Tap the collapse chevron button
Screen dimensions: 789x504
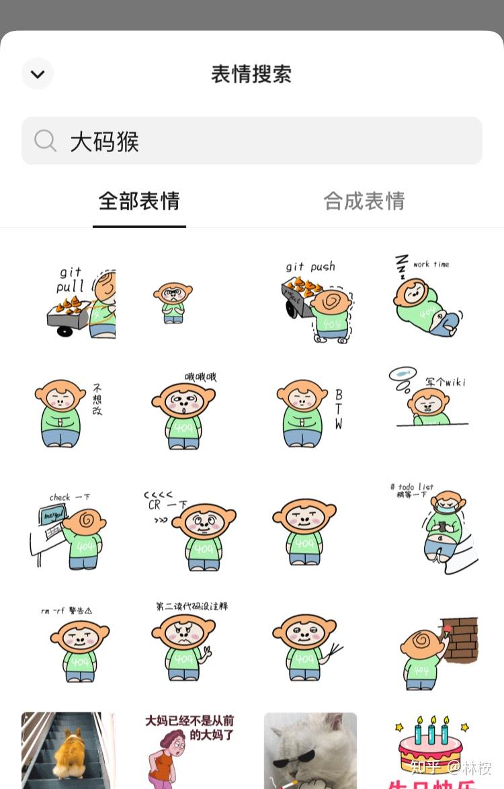pos(38,74)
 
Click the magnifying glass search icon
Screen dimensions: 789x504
pos(46,141)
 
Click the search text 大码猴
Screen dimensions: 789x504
pos(105,142)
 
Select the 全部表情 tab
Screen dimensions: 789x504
pos(139,201)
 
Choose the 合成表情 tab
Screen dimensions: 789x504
pos(364,201)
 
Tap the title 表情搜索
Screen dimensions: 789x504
pos(251,74)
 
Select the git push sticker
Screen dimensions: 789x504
pos(316,302)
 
